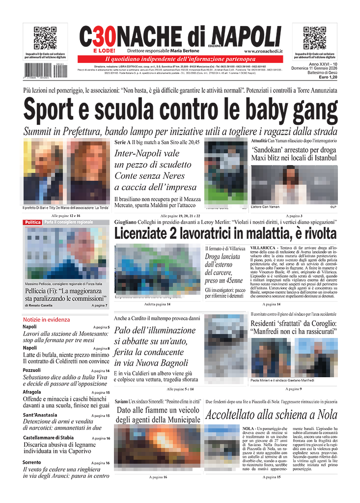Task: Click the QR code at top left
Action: (x=45, y=38)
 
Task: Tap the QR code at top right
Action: (x=314, y=38)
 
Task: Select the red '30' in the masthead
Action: (x=104, y=36)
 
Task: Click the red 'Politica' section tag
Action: (x=32, y=223)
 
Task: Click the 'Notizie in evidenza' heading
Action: (x=46, y=319)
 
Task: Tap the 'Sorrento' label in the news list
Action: (x=31, y=462)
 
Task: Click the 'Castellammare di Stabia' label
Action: (x=48, y=437)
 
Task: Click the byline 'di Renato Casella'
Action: (x=40, y=306)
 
